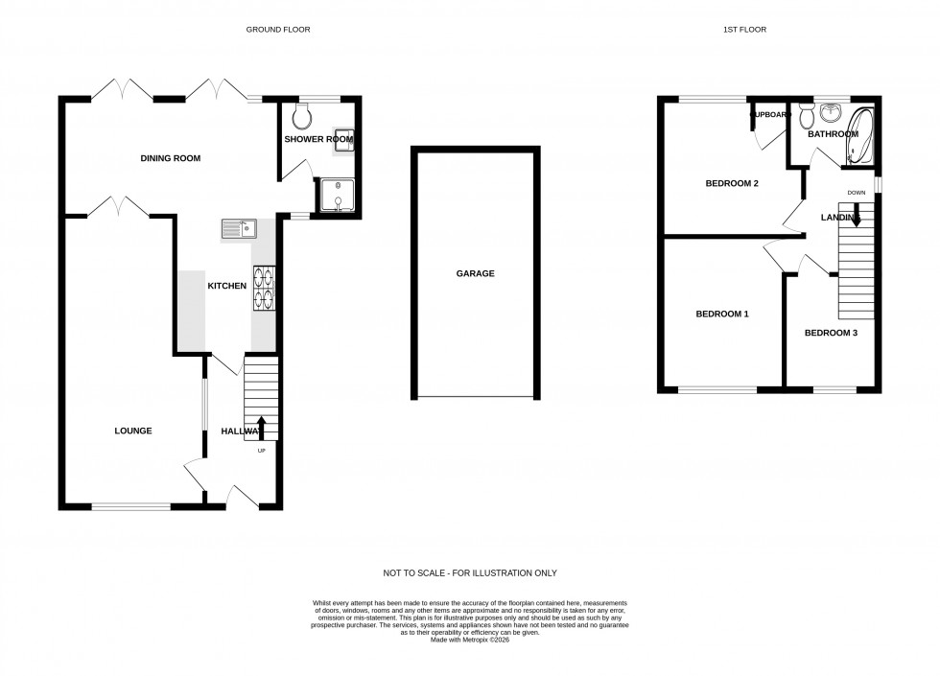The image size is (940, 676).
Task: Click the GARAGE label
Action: pos(475,273)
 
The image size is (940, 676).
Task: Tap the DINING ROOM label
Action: pos(171,158)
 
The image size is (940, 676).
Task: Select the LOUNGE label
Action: pos(133,431)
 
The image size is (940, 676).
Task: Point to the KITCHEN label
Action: pos(227,286)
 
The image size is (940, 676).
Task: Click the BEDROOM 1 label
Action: pos(721,314)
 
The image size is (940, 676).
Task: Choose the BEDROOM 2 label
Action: pos(733,183)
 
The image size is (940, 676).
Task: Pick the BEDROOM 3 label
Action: pos(831,333)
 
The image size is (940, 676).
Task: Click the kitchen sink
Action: pos(239,228)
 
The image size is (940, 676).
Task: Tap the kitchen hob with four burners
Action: pos(264,289)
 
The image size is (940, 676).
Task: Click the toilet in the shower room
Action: pos(303,117)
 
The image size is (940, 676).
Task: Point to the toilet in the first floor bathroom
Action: pos(806,116)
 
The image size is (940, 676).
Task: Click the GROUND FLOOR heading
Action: pos(278,30)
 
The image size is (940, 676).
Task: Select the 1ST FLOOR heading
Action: pos(744,30)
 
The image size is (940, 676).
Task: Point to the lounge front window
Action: pos(131,505)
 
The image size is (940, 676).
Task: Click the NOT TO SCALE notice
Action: pos(470,573)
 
